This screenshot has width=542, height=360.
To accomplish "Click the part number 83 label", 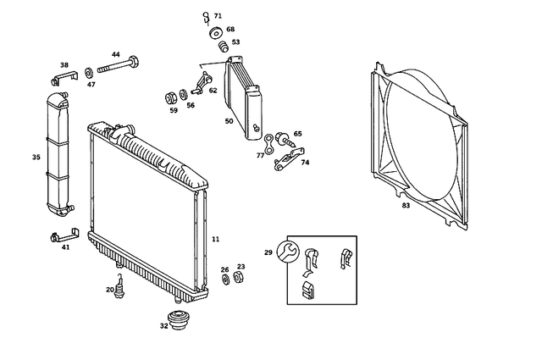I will (x=406, y=205).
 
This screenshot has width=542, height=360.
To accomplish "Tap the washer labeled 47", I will (x=90, y=71).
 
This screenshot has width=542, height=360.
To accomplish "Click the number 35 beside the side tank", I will (x=36, y=157).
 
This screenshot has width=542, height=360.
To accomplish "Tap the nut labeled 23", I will (x=239, y=277).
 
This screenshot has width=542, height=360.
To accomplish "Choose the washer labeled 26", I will (x=225, y=280).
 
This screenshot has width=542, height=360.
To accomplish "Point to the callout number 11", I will (x=215, y=240).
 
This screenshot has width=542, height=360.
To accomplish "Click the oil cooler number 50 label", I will (x=229, y=121).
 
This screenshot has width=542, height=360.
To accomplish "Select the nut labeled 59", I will (x=169, y=96).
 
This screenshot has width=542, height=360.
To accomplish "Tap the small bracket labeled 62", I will (x=201, y=83).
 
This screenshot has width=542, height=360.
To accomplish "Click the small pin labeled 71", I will (x=206, y=16).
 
